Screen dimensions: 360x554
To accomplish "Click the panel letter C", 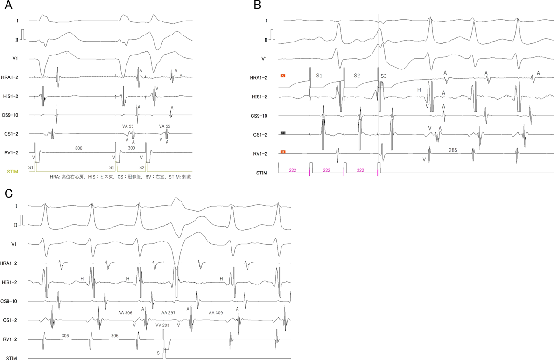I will [x=8, y=193].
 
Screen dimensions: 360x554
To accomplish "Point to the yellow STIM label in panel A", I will [x=14, y=171].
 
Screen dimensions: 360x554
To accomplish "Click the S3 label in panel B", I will [x=383, y=76].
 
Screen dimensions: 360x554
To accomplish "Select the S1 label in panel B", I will [x=319, y=75].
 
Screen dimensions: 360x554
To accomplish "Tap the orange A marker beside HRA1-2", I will [x=283, y=75].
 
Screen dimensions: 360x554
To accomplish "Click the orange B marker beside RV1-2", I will [x=283, y=152].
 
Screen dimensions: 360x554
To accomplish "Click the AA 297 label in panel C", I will [x=168, y=312].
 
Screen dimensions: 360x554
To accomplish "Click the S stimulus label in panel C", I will [x=158, y=353].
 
